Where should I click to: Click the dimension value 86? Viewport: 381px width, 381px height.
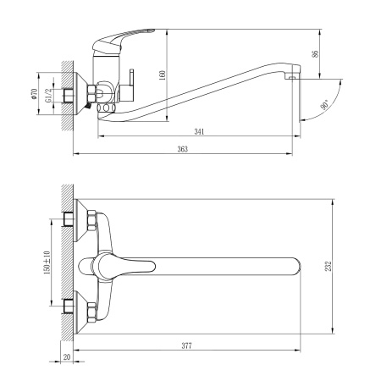tap(316, 53)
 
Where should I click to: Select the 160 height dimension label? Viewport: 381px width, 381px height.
tap(162, 74)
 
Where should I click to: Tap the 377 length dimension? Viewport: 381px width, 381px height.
tap(185, 345)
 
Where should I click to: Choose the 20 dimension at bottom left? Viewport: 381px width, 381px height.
tap(66, 357)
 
